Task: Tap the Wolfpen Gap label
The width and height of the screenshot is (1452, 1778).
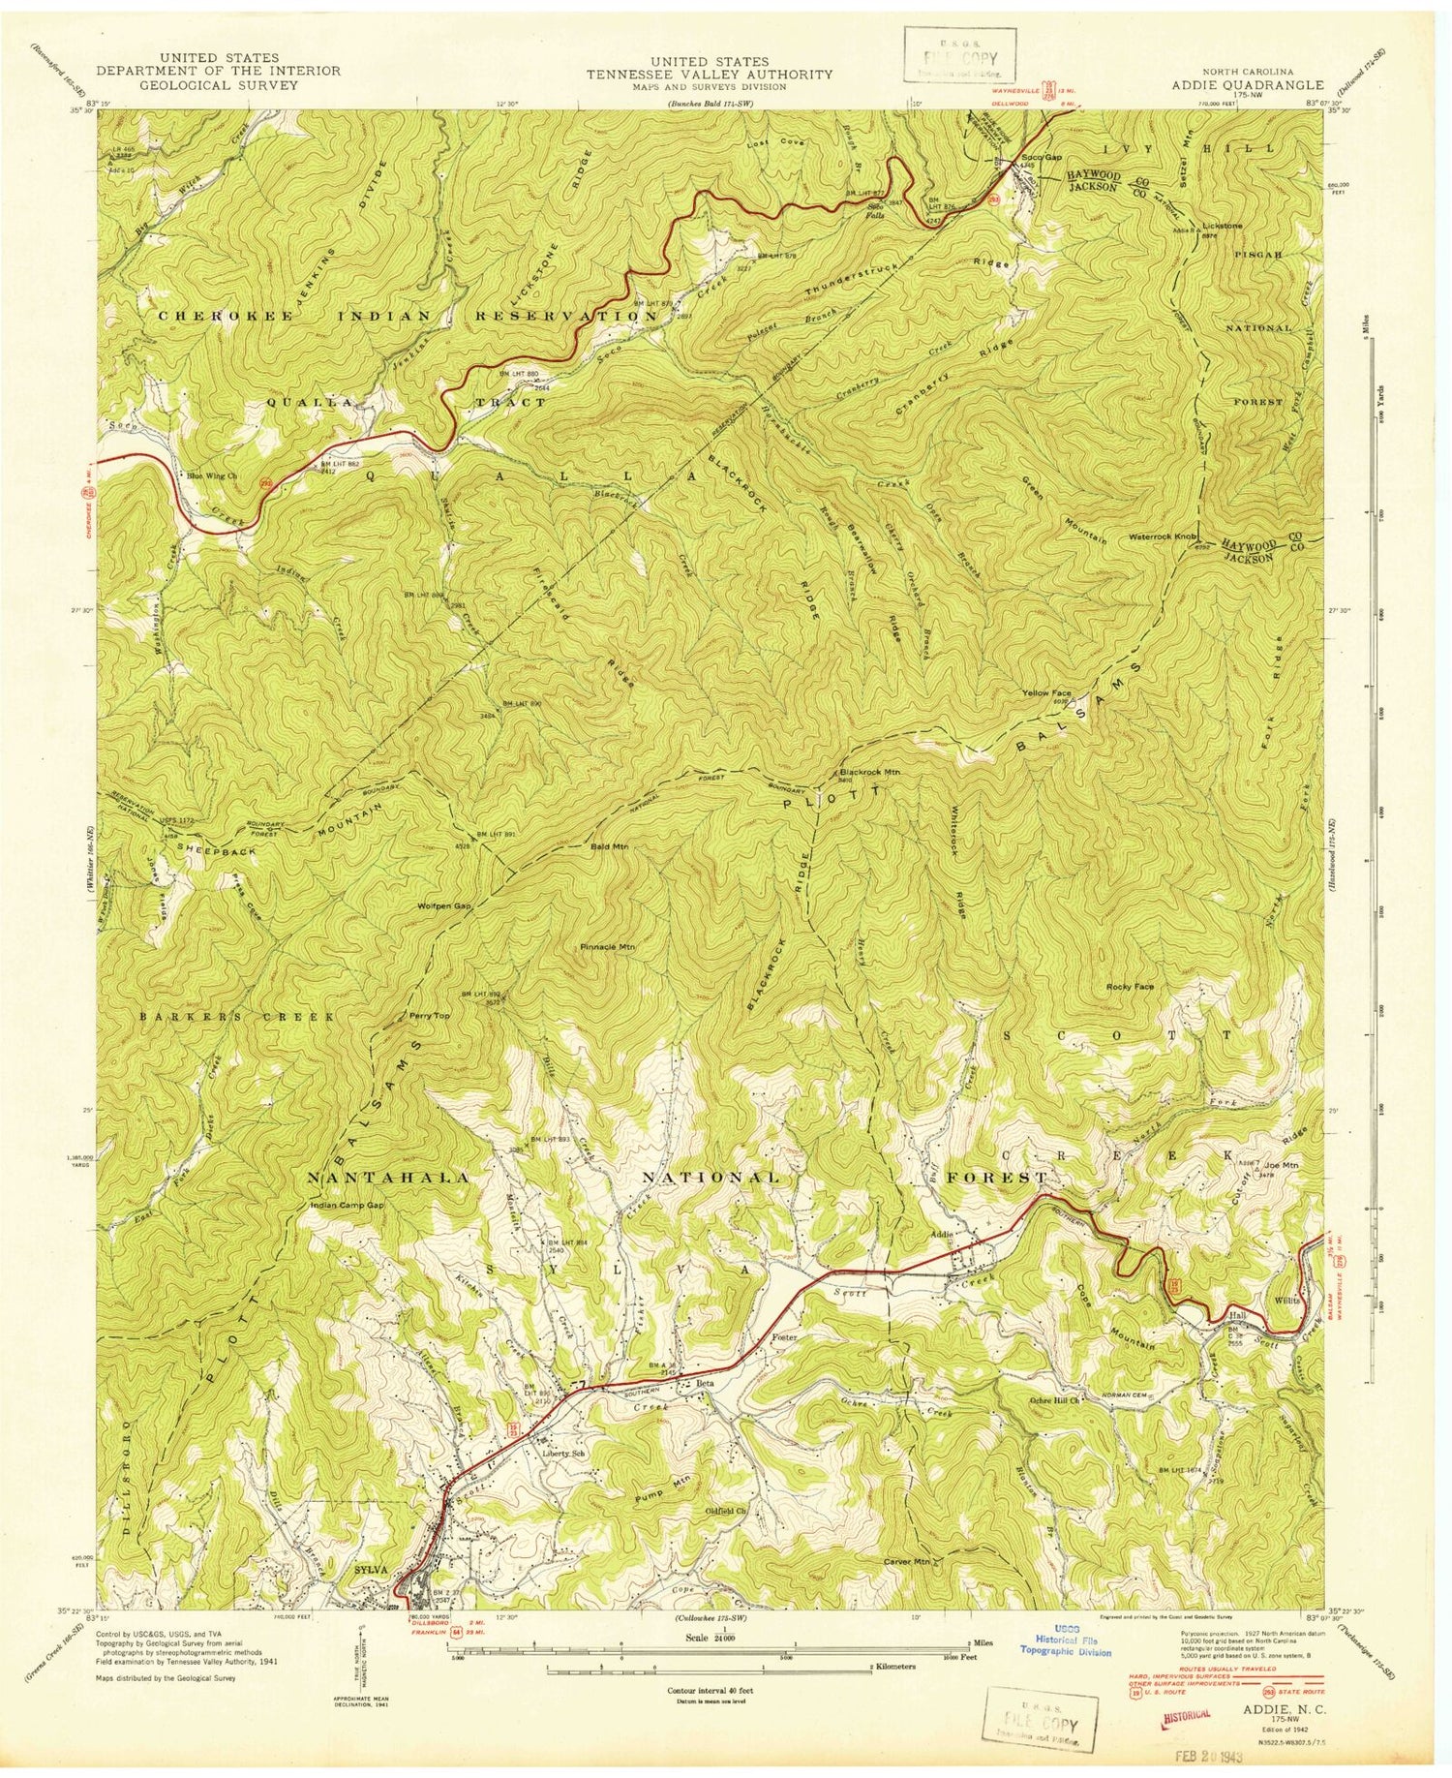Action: (443, 905)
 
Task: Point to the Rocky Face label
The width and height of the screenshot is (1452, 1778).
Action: (1130, 986)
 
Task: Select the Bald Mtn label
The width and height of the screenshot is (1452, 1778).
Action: (610, 846)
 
